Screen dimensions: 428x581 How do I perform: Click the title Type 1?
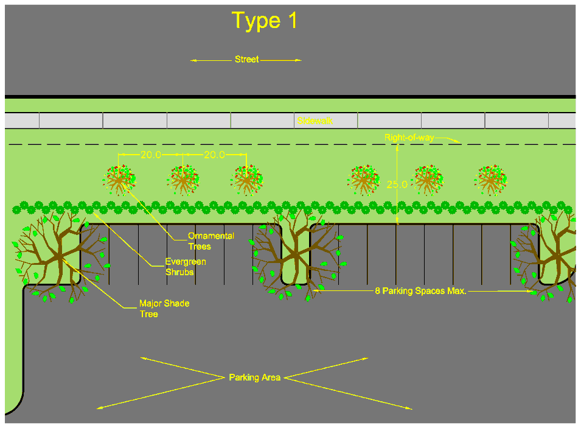(x=265, y=21)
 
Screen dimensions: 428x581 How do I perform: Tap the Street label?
(x=246, y=60)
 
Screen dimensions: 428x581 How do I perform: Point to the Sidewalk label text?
(x=315, y=121)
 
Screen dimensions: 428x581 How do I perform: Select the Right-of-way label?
(x=409, y=138)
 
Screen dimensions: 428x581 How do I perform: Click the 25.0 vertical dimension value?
(x=397, y=184)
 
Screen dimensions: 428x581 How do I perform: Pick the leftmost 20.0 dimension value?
(x=151, y=155)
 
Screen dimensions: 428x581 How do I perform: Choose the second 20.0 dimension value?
(x=214, y=155)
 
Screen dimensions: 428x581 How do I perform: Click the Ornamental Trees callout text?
(x=210, y=241)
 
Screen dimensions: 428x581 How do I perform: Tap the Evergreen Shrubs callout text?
(x=186, y=267)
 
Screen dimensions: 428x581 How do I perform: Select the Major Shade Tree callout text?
(x=164, y=308)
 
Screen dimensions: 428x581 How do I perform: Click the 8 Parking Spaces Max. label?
(x=420, y=292)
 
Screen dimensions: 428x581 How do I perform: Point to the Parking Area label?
(x=254, y=378)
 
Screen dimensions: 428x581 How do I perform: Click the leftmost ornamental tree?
(x=119, y=180)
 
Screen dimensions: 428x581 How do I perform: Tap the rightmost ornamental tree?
(x=490, y=180)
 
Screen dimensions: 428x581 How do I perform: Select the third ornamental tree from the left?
(x=246, y=180)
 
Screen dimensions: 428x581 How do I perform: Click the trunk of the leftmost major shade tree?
(x=60, y=258)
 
